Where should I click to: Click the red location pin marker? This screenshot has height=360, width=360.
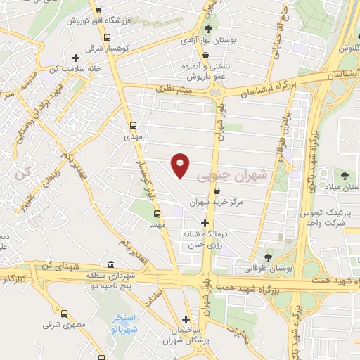[181, 165]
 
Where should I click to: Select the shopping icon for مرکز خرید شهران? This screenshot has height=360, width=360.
[216, 191]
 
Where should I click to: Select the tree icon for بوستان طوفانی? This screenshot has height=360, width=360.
[268, 255]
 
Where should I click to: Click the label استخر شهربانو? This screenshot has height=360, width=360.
[125, 324]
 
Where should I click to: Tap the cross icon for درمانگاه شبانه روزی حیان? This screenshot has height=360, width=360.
[205, 223]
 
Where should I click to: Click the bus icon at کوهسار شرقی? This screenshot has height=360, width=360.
[106, 38]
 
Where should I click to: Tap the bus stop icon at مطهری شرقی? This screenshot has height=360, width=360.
[64, 314]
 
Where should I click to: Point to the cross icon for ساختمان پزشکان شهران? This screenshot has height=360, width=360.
[186, 318]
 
